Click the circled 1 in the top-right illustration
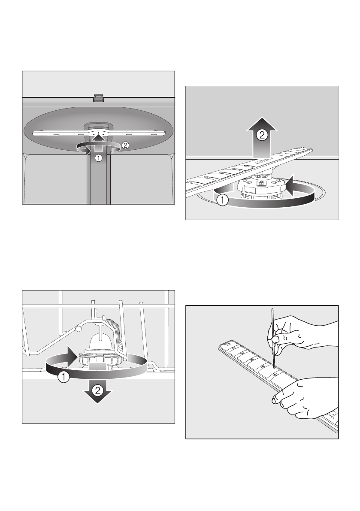(222, 200)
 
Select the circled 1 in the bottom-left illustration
(64, 378)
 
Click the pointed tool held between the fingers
(273, 339)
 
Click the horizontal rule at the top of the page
(180, 38)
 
